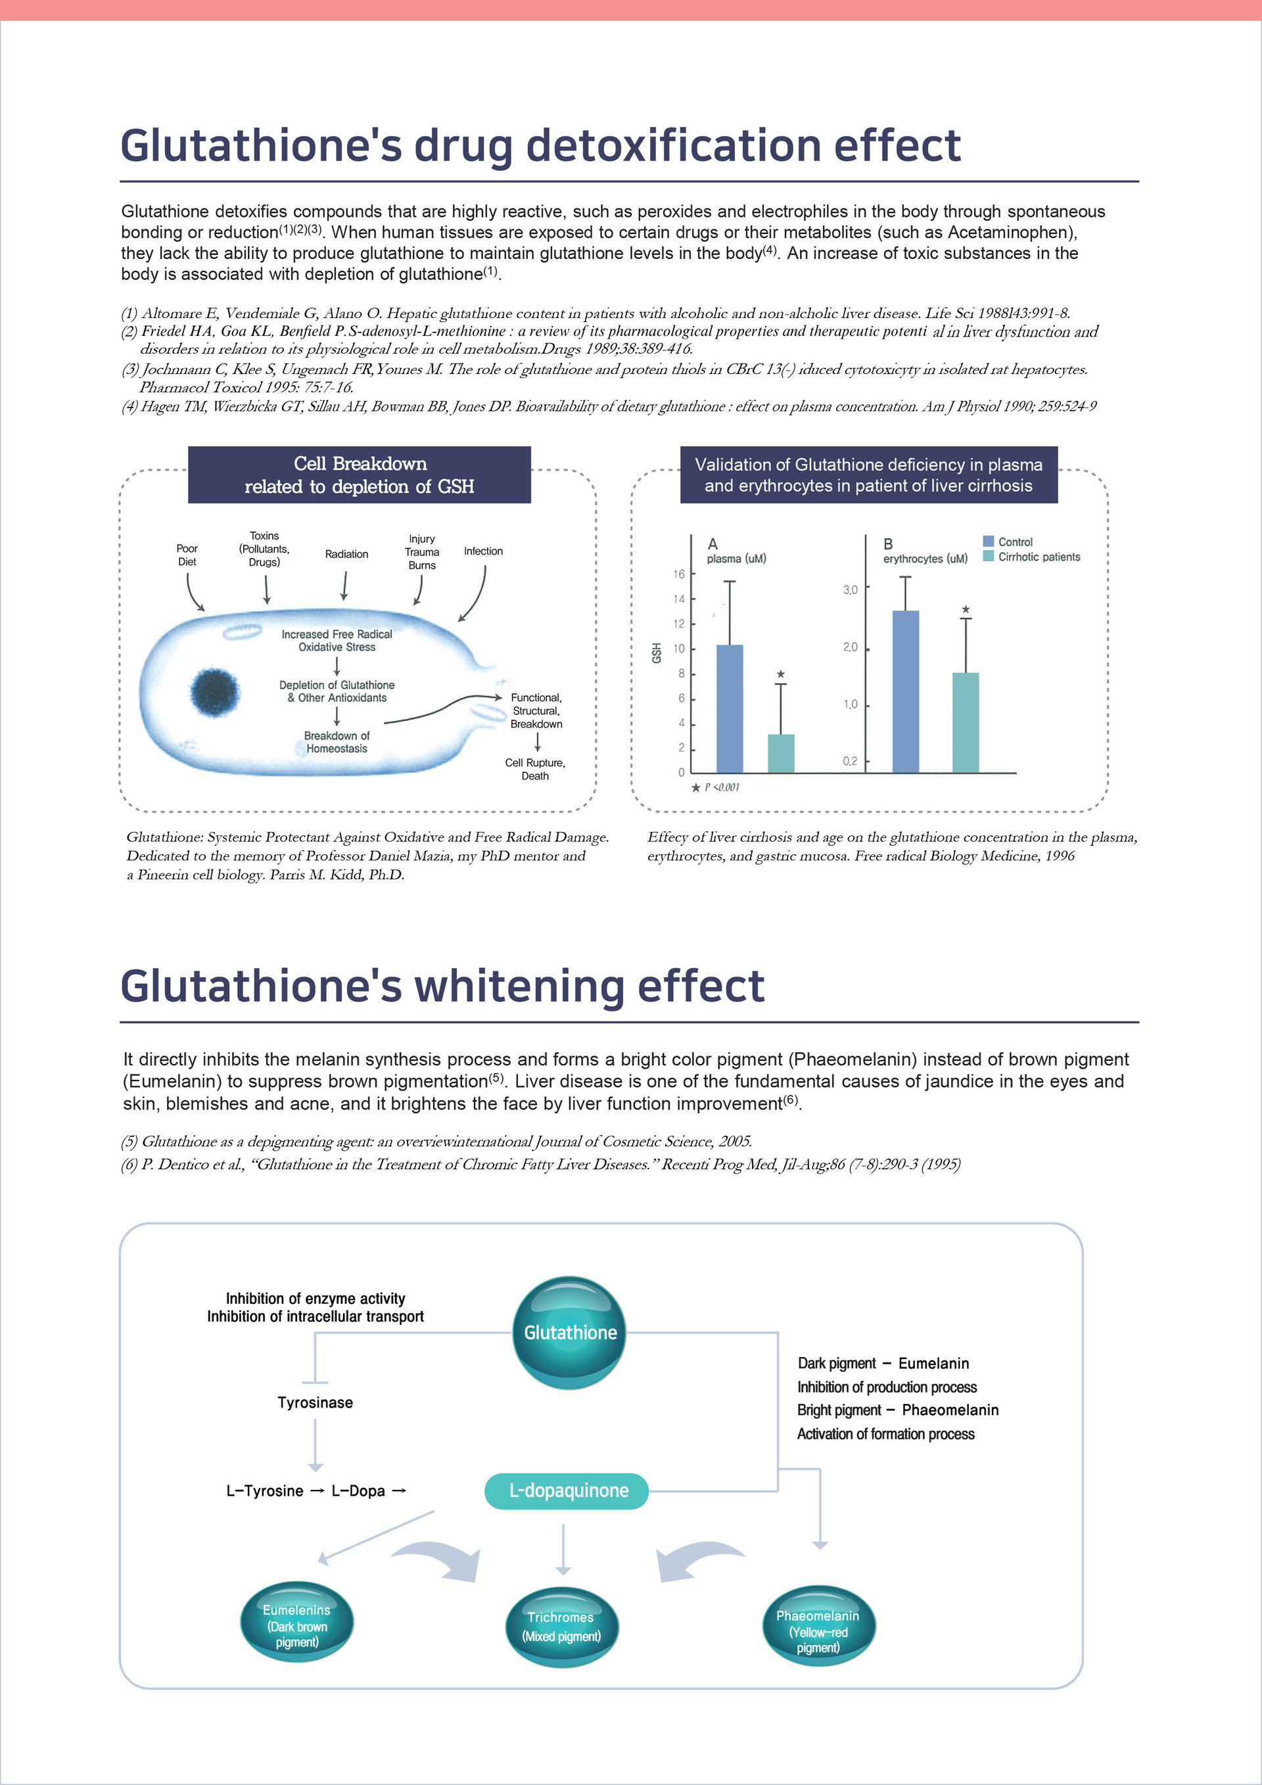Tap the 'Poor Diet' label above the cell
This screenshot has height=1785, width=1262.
(187, 555)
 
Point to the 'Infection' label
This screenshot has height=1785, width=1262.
(483, 551)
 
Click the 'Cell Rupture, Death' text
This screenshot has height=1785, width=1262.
(535, 769)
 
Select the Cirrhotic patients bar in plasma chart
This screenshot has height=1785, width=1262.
(781, 753)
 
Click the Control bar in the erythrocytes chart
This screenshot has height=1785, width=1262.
(906, 691)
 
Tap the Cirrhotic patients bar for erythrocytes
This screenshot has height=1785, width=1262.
(966, 722)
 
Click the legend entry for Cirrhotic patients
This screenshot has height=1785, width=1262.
(1038, 557)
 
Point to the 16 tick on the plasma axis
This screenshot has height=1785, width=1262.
(679, 574)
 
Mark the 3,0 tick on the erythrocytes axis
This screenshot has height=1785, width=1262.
(850, 590)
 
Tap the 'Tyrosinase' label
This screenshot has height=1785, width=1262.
(315, 1402)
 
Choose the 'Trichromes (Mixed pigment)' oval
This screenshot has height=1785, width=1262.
(561, 1627)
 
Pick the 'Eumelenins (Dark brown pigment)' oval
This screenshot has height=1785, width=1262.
(297, 1624)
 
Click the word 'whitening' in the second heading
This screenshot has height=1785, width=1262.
(520, 986)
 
